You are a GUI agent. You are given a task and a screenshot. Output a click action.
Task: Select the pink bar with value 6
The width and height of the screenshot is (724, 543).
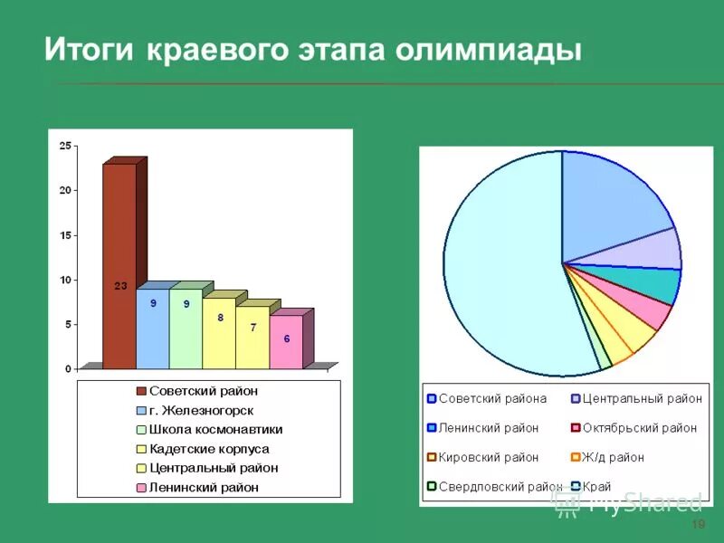(x=286, y=341)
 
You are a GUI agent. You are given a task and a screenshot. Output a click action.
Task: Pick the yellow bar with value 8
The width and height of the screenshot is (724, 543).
(x=219, y=332)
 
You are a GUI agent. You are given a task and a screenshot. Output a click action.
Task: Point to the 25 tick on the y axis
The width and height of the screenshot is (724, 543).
(x=64, y=146)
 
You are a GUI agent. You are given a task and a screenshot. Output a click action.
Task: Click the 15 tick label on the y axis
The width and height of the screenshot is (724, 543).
(x=64, y=235)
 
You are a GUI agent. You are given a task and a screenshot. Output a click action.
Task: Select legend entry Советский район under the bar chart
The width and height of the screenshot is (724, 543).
(x=203, y=391)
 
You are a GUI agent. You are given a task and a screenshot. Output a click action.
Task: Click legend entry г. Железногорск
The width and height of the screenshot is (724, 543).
(x=201, y=410)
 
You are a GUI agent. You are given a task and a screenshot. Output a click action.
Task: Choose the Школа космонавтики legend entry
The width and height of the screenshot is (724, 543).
(x=214, y=430)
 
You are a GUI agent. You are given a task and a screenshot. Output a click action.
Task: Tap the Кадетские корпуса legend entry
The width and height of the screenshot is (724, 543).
(x=208, y=449)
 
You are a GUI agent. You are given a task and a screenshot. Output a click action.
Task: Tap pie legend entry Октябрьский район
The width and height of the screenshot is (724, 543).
(x=639, y=428)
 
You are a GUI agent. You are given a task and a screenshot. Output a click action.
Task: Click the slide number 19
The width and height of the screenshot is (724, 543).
(x=697, y=526)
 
